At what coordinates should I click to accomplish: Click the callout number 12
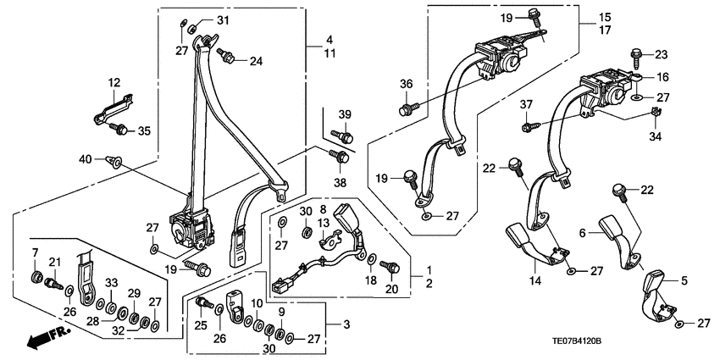(x=114, y=82)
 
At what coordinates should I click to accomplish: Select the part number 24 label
(x=255, y=60)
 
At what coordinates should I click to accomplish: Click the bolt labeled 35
(x=119, y=130)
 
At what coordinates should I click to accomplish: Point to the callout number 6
(x=583, y=233)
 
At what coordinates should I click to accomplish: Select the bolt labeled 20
(x=390, y=266)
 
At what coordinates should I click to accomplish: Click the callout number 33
(x=109, y=282)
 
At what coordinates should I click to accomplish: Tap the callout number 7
(x=35, y=253)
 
